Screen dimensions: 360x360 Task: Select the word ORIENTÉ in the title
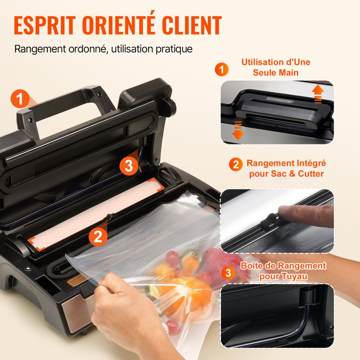coord(113,26)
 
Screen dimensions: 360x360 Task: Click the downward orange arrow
coord(238,130)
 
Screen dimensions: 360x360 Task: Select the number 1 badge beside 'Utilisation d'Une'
coord(222,69)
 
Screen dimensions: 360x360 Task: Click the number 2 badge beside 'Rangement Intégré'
coord(235,165)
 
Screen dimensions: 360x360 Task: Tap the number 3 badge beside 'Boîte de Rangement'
coord(228,273)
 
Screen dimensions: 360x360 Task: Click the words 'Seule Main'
coord(275,72)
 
